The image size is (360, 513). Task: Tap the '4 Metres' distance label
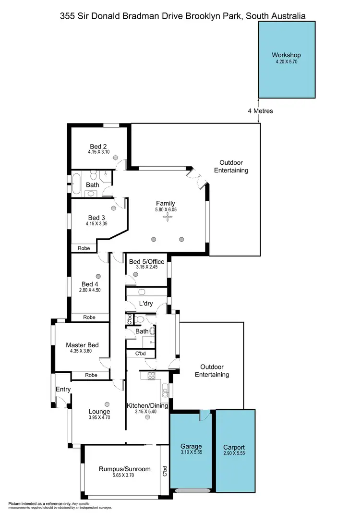260,111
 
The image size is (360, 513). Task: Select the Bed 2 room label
98,147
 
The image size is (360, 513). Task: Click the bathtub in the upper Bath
76,183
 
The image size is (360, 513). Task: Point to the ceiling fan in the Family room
168,217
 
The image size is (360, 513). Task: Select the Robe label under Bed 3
84,248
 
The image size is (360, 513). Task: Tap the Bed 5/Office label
146,261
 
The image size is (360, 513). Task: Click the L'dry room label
145,303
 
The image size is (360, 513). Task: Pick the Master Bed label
82,344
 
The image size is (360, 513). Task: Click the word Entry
63,389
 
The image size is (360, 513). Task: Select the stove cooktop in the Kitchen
152,376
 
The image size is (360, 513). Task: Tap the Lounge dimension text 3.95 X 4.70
99,418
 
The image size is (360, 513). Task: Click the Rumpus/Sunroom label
125,469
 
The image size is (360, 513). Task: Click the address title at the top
182,16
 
